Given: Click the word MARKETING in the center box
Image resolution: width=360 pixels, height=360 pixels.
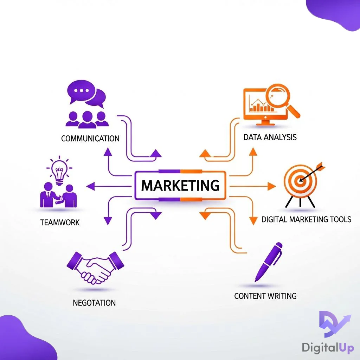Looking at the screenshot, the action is pos(180,185).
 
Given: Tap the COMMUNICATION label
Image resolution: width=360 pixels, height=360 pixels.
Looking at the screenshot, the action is pos(90,139).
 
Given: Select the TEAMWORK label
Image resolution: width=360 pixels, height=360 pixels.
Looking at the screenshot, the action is pos(60,222).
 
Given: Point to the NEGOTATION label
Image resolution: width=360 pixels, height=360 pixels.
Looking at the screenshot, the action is pos(94,303).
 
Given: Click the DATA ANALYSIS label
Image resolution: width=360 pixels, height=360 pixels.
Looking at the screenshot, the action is pos(270,137).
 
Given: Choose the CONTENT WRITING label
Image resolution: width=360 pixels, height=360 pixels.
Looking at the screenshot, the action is pos(265,296).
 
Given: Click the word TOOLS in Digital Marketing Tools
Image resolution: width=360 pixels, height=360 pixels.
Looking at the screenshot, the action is pos(340,219).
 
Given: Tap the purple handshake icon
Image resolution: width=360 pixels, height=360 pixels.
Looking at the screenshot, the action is pos(95,268).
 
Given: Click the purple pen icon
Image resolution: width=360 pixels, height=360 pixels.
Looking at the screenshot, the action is pos(268,262).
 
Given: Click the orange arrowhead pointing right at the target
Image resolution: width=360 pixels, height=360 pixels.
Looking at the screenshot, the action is pos(272,186).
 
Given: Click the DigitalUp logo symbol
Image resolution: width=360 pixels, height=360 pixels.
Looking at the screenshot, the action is pos(335,324).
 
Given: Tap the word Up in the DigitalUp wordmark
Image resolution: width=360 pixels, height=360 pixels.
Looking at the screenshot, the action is pos(346,348).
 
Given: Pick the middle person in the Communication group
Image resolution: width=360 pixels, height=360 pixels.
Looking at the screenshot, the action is pos(87,120).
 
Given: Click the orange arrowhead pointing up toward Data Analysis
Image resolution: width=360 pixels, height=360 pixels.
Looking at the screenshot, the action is pos(253,152).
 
